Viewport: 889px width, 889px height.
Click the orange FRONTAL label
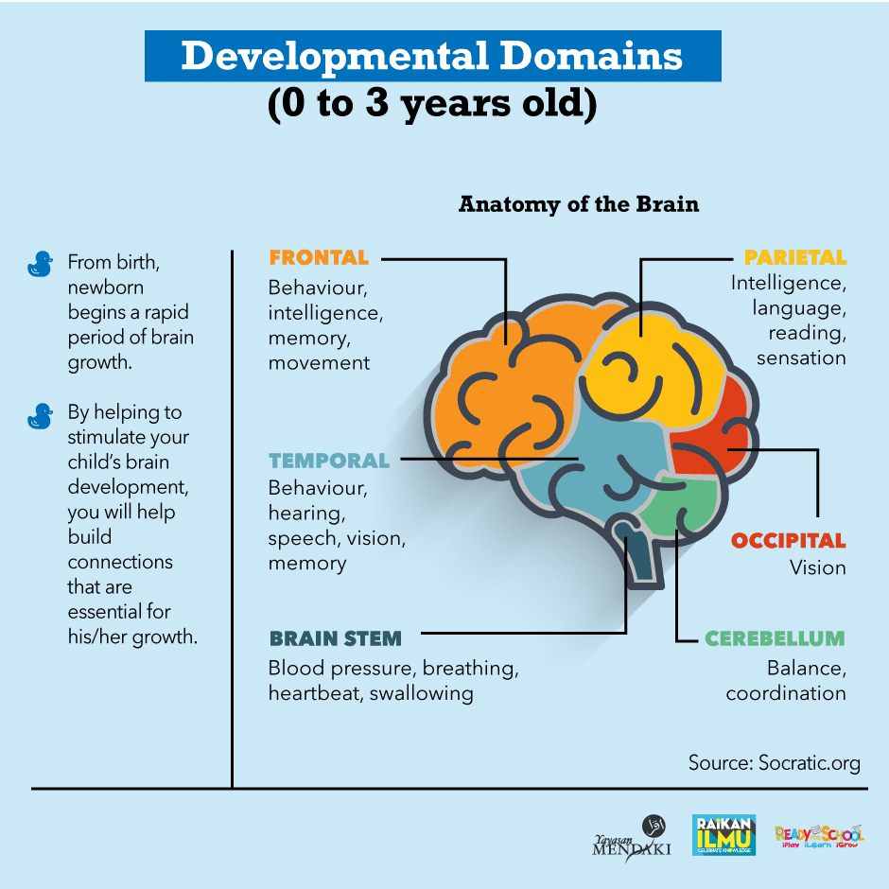[319, 257]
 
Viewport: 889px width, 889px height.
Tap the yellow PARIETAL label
[794, 257]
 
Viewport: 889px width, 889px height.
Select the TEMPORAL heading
[329, 461]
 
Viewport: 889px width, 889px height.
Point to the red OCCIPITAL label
[788, 541]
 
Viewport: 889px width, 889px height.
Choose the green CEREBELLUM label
[775, 638]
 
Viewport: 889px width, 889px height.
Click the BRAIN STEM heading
[335, 638]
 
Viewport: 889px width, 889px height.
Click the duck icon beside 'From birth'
[40, 264]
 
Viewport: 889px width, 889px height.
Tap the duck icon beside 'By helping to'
[40, 415]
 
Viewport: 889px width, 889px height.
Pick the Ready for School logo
[819, 835]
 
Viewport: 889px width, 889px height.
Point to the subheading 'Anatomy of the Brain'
[579, 204]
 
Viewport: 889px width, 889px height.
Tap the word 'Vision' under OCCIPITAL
[818, 568]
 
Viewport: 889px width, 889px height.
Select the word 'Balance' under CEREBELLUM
[806, 669]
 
